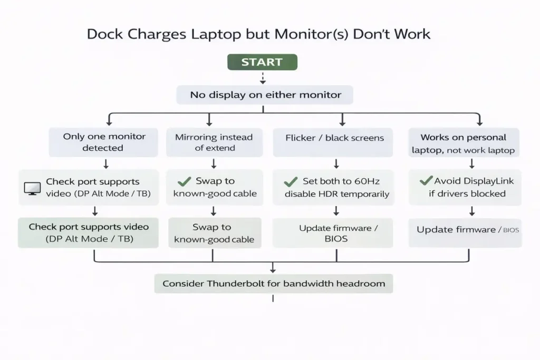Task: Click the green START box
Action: click(x=262, y=62)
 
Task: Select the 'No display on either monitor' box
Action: click(x=265, y=95)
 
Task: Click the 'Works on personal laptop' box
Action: click(x=464, y=143)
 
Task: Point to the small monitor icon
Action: click(x=32, y=188)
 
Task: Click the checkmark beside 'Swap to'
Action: click(x=184, y=181)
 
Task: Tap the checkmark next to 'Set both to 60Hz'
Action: click(x=291, y=182)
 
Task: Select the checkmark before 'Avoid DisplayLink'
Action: click(x=426, y=181)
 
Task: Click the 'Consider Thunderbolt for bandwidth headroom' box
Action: click(x=273, y=284)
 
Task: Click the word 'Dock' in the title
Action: click(x=103, y=35)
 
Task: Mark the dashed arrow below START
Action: click(x=262, y=78)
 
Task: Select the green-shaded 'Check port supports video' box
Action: click(x=89, y=232)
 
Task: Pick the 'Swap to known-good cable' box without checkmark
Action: click(x=214, y=233)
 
